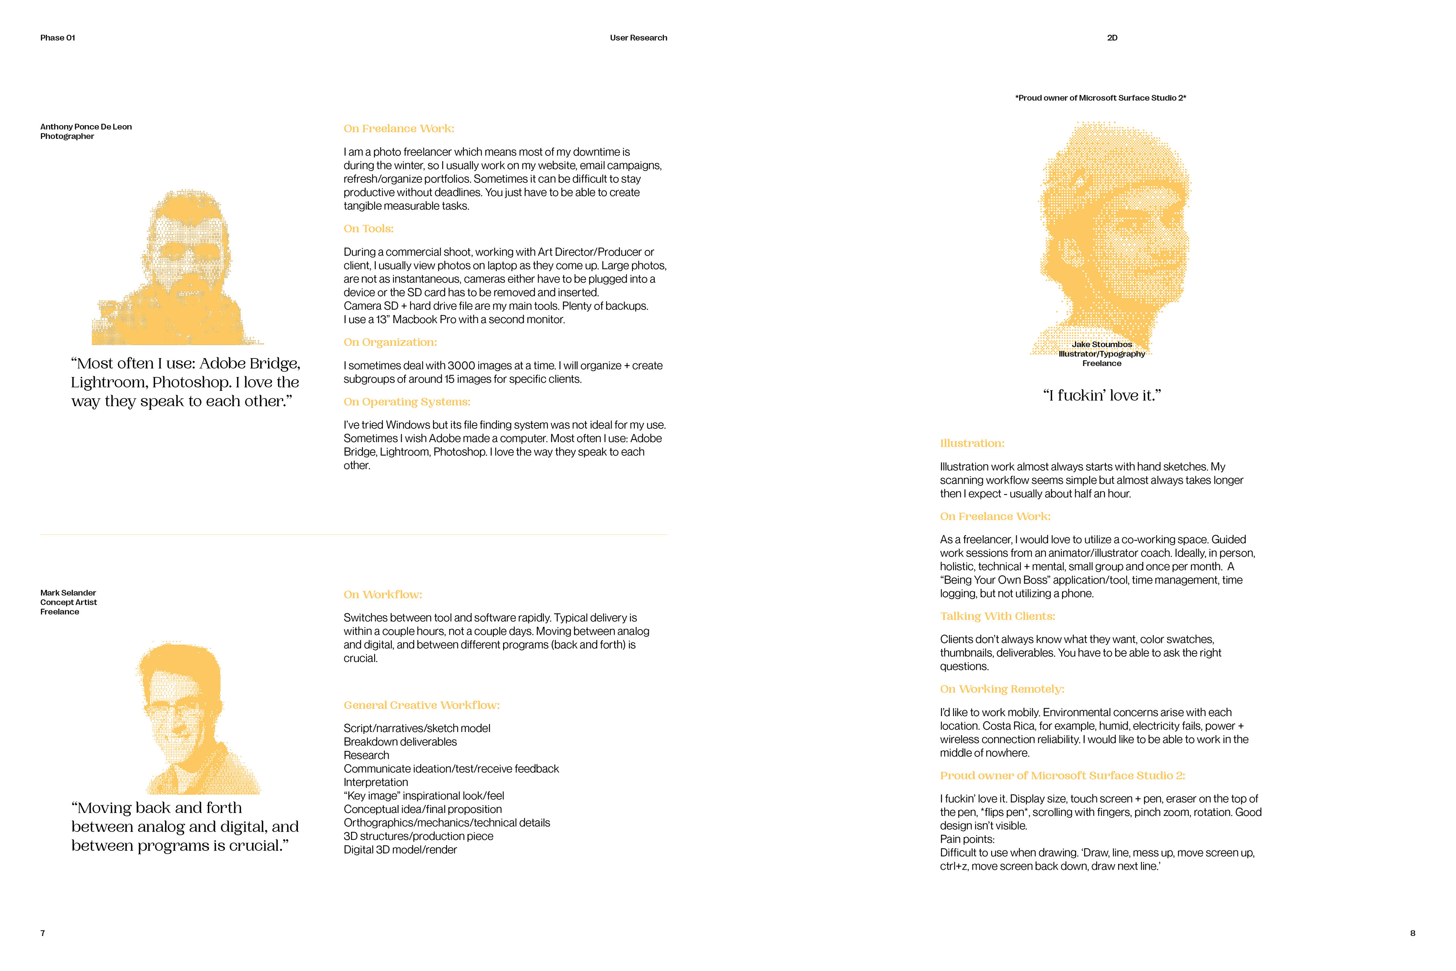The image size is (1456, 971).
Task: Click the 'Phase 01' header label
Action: click(58, 38)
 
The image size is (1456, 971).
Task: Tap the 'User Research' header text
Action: click(638, 38)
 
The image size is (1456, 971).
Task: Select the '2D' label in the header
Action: click(1112, 38)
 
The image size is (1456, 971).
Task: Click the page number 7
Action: click(43, 933)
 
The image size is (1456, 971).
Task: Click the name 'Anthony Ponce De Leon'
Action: click(86, 126)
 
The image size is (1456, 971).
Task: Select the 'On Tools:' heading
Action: click(368, 228)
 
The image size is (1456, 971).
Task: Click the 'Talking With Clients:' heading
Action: click(997, 616)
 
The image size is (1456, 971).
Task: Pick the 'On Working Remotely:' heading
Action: click(1002, 689)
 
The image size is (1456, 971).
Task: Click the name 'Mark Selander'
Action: click(68, 592)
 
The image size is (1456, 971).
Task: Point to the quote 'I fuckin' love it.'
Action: click(1102, 395)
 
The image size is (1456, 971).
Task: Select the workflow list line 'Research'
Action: click(367, 755)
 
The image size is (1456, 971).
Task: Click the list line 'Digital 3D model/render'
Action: click(400, 850)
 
